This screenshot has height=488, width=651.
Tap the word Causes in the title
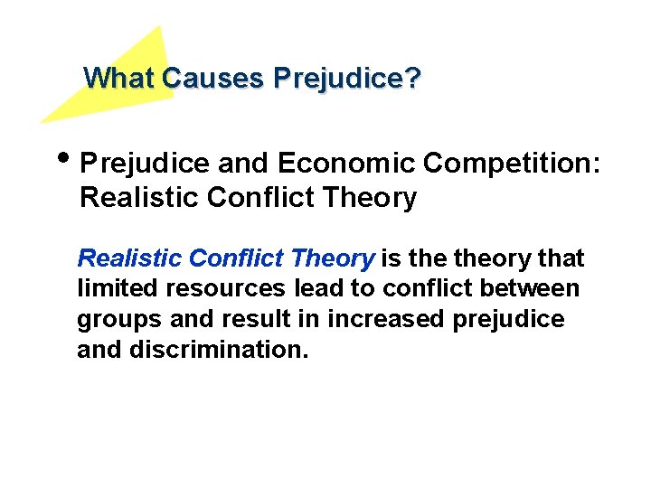click(212, 79)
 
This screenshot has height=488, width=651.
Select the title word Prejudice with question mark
click(346, 79)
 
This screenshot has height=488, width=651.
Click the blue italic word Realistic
click(129, 259)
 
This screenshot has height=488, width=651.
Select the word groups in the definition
click(113, 320)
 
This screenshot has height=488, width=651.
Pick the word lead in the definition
click(318, 289)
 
